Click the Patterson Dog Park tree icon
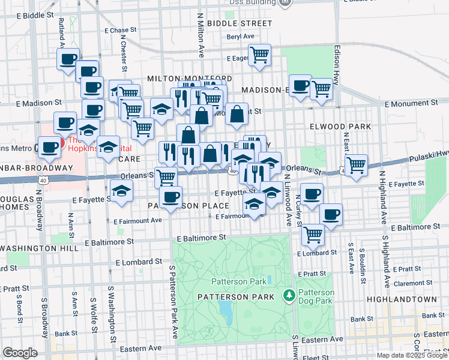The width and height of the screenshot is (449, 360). click(x=289, y=296)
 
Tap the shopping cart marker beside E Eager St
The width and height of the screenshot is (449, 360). click(x=260, y=55)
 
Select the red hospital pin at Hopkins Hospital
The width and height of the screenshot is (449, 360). click(x=53, y=145)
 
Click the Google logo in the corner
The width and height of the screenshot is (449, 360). click(x=20, y=353)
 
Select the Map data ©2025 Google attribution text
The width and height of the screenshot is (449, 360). click(x=411, y=355)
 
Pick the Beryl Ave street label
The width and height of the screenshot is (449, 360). click(x=241, y=37)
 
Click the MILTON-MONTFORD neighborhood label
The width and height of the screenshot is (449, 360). click(x=189, y=79)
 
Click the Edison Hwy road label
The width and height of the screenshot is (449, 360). click(x=337, y=59)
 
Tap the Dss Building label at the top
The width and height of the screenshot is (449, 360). click(x=253, y=2)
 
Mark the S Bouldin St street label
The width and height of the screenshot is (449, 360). click(x=363, y=263)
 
